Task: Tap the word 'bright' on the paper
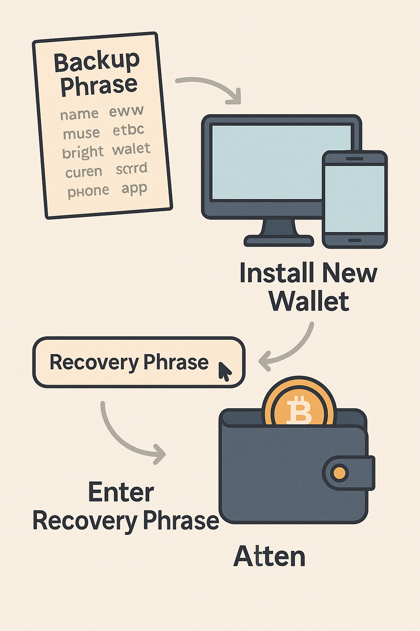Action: point(83,152)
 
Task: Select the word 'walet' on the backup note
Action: point(131,149)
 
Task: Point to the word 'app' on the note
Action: point(134,189)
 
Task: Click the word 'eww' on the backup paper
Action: point(126,111)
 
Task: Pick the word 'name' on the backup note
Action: point(79,114)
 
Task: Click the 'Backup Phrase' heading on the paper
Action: point(98,74)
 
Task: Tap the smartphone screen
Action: point(355,198)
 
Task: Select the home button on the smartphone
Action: point(355,240)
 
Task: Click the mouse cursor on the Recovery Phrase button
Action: point(224,371)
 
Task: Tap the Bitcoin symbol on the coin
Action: point(299,411)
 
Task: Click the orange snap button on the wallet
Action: point(340,473)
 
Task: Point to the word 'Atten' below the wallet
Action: point(269,557)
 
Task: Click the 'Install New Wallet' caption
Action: point(308,287)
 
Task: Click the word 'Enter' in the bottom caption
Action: point(121,492)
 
